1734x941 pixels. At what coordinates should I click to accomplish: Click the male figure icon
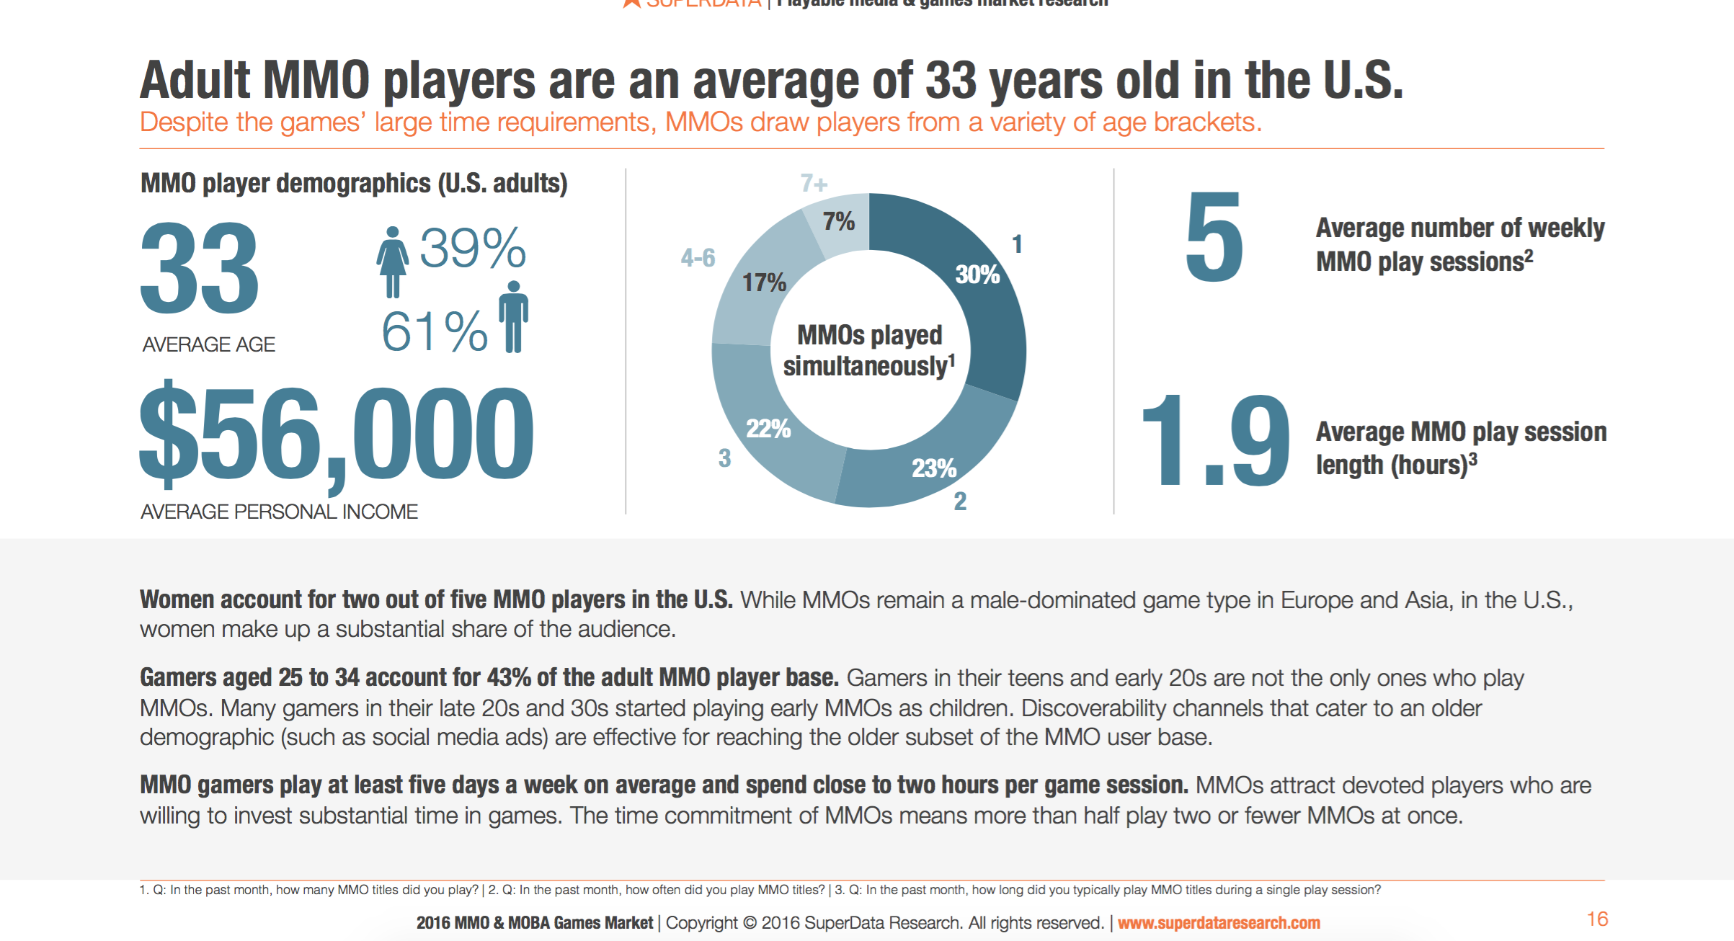[513, 316]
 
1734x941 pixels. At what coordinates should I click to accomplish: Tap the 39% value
[473, 249]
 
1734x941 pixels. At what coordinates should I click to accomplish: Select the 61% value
[435, 331]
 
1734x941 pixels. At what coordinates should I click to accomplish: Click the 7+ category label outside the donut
[814, 184]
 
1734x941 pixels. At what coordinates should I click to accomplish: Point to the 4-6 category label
[698, 258]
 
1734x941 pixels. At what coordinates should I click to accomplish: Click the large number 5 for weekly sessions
[1214, 238]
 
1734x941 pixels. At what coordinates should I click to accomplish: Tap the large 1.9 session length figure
[1215, 440]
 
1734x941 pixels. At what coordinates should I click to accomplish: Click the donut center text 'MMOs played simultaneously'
[869, 351]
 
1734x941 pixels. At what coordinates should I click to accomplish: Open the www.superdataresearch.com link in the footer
[1219, 923]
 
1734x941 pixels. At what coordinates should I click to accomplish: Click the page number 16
[1597, 919]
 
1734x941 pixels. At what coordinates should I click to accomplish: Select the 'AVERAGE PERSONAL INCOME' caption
[279, 512]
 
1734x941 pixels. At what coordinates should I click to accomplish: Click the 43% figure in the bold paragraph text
[509, 677]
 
